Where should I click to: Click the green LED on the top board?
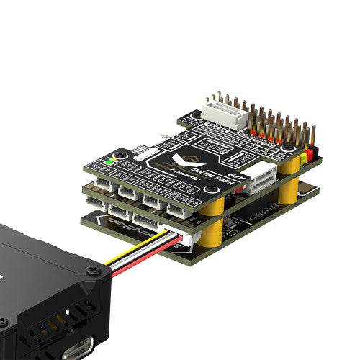point(108,161)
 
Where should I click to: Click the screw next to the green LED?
point(121,155)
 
